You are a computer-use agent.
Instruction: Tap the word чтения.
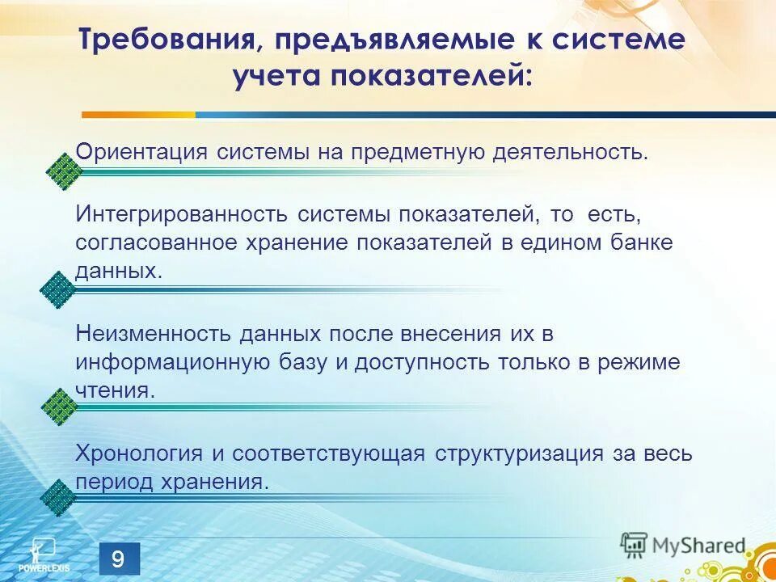pyautogui.click(x=114, y=390)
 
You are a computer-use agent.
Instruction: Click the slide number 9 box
pyautogui.click(x=119, y=559)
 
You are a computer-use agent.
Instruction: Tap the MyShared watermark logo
pyautogui.click(x=684, y=545)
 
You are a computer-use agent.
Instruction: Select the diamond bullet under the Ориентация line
pyautogui.click(x=61, y=171)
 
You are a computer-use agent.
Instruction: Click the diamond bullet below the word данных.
pyautogui.click(x=57, y=289)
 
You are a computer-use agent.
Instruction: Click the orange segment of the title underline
pyautogui.click(x=138, y=115)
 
